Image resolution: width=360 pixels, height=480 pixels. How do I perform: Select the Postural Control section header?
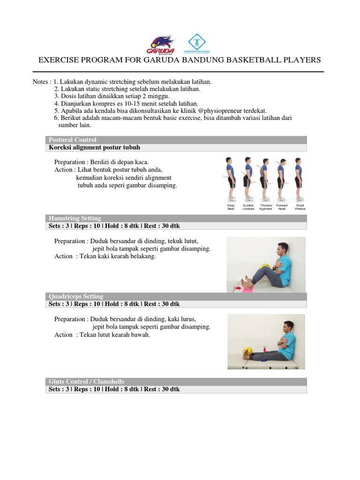pyautogui.click(x=73, y=140)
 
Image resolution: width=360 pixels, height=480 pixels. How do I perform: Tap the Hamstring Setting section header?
pyautogui.click(x=75, y=218)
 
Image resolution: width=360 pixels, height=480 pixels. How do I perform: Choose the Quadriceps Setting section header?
pyautogui.click(x=76, y=296)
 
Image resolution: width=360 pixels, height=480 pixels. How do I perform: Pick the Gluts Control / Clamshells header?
pyautogui.click(x=87, y=382)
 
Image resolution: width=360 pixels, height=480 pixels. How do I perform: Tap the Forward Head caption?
pyautogui.click(x=282, y=207)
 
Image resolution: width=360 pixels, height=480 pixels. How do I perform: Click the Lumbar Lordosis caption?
pyautogui.click(x=248, y=207)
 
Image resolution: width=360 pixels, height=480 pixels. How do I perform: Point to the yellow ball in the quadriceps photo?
pyautogui.click(x=246, y=351)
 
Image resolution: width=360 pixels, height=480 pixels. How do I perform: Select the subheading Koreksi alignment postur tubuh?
pyautogui.click(x=94, y=148)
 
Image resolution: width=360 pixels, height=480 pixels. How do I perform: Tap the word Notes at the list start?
pyautogui.click(x=41, y=82)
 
